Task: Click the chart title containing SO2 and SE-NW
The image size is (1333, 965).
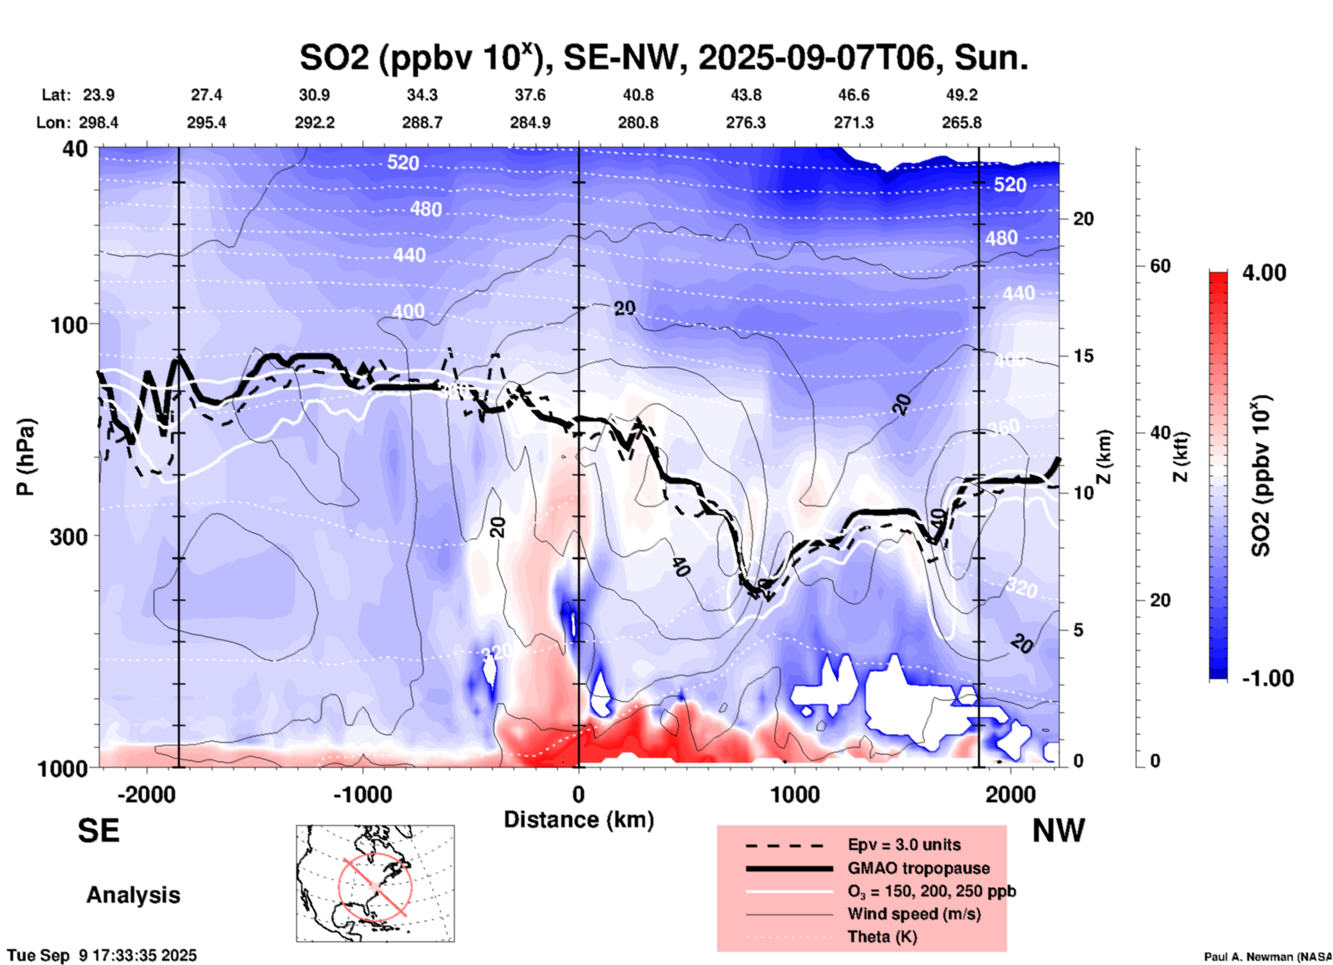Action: pos(663,57)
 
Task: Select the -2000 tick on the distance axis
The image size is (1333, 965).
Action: pos(146,794)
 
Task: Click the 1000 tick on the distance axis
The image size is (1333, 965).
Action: pos(795,794)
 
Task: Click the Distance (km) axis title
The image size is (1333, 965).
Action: pos(579,820)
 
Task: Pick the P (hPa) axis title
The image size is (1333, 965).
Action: pos(25,457)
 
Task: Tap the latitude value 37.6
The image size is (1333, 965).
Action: pos(529,95)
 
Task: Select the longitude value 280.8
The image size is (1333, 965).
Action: pos(637,123)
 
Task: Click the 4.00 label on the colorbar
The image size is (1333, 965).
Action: pos(1264,273)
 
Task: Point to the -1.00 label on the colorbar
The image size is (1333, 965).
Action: pos(1267,678)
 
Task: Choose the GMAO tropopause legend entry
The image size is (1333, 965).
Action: pos(918,868)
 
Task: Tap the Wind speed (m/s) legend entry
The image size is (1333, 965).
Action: pos(914,914)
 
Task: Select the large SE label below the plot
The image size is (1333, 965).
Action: pos(98,831)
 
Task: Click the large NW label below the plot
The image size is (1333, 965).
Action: pos(1058,831)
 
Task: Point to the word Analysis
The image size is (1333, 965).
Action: pos(133,895)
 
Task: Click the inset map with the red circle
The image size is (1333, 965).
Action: pos(375,883)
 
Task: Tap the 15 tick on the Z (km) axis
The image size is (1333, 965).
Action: pos(1082,356)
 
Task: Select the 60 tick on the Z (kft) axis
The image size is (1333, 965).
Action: pos(1159,266)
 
